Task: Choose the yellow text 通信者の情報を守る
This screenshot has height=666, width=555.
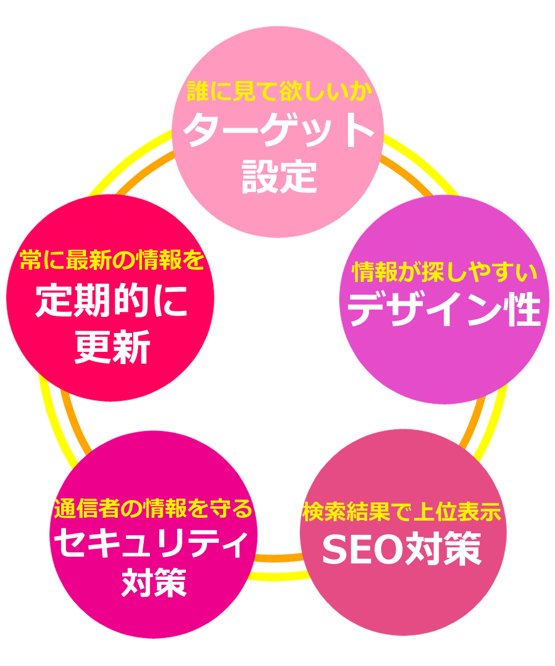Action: [153, 508]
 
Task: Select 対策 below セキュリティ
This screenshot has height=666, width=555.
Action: [153, 580]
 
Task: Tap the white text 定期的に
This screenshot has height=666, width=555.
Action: [111, 301]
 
